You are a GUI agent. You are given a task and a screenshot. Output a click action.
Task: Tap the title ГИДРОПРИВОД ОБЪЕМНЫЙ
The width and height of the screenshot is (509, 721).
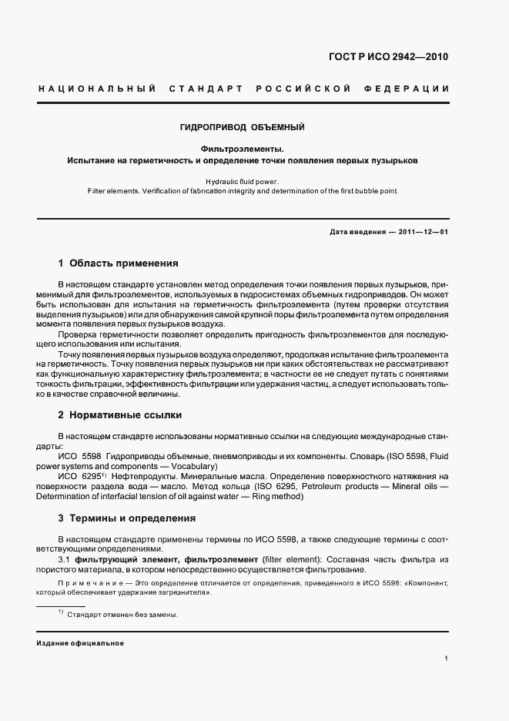[x=243, y=126]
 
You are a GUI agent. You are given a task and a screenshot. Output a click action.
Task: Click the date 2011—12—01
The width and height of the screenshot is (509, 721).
[x=424, y=232]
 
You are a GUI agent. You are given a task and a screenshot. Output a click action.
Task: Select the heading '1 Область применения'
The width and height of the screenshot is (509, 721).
[x=118, y=263]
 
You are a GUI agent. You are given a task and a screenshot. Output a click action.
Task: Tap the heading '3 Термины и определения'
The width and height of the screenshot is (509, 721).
[x=127, y=518]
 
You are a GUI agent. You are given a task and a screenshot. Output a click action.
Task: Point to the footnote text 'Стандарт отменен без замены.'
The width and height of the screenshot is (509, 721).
[x=122, y=615]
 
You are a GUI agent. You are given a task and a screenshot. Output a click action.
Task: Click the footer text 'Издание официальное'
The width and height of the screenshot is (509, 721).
[x=80, y=642]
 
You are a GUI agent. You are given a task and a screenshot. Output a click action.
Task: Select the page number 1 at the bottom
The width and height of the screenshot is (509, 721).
[x=446, y=659]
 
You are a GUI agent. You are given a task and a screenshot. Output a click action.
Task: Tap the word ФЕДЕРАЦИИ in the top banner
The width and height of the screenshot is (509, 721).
[x=411, y=89]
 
